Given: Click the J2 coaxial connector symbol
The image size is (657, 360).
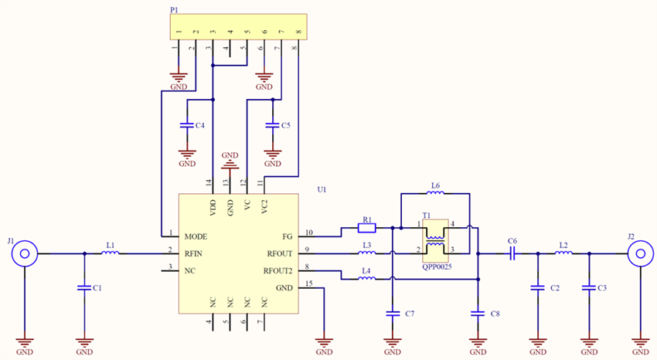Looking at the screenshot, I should (640, 253).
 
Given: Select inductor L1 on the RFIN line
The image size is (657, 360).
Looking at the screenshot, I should (110, 253).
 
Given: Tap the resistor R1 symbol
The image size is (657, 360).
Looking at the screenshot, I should (368, 228).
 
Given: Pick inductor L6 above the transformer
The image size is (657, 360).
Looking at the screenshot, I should (435, 194).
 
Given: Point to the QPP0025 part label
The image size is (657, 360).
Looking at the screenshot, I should (437, 266).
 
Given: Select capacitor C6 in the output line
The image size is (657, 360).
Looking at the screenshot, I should (512, 253).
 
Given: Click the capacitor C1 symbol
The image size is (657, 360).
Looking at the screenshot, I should (84, 287).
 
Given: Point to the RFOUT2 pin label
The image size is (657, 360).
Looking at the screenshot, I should (279, 270).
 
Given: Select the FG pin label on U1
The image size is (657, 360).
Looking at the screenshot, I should (288, 235).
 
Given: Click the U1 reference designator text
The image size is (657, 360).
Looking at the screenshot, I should (322, 189).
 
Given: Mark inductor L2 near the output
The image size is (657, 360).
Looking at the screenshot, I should (563, 253).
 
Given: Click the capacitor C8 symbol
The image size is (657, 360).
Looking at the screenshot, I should (478, 313).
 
